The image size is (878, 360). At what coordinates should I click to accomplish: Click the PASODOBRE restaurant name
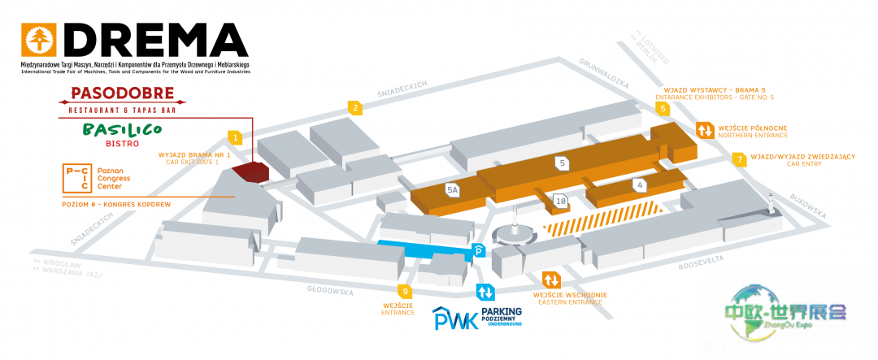124,93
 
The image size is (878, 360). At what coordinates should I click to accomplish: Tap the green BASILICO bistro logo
122,129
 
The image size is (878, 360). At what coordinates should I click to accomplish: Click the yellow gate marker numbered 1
234,137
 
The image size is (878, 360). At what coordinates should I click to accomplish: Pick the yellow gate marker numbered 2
354,107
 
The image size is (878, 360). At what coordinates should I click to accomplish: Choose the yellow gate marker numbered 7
739,159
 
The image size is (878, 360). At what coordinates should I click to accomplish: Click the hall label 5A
453,189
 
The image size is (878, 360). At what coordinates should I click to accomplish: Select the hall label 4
641,184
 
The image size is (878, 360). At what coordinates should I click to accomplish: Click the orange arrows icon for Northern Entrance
704,130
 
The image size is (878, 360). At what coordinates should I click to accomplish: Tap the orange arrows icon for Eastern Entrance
550,280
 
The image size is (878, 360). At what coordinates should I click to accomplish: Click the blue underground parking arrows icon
485,291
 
